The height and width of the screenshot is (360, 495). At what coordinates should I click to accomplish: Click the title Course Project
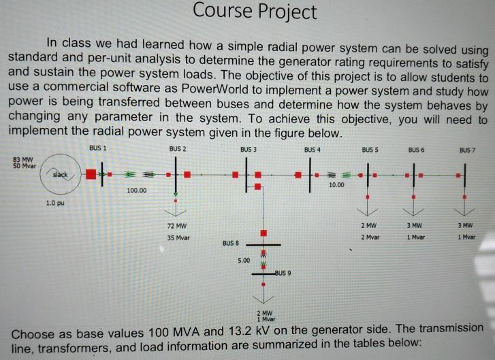255,12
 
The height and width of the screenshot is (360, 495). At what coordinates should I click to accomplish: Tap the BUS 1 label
97,147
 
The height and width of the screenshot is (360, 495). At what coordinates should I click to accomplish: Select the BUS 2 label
176,148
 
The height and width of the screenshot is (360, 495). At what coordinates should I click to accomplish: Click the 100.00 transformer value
137,192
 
